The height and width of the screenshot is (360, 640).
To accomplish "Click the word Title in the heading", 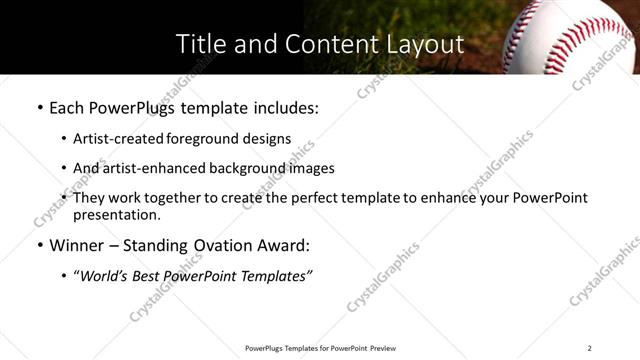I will tap(199, 44).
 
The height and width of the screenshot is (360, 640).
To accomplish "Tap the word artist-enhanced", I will tap(155, 168).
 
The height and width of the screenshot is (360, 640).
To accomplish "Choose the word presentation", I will tap(116, 214).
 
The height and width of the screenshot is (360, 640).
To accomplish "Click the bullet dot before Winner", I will tap(39, 245).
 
